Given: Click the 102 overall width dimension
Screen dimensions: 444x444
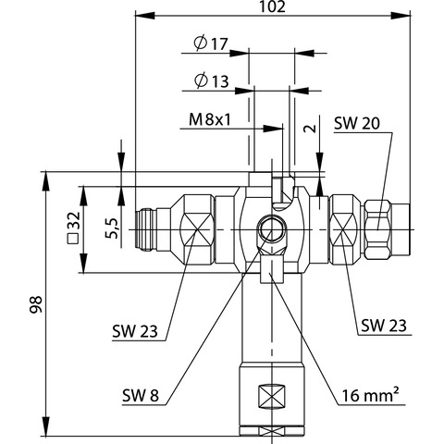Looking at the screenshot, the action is coord(272,6).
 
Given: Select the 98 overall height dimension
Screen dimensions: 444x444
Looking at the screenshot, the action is coord(36,304).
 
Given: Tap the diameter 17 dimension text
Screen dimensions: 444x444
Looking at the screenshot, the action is coord(211,43).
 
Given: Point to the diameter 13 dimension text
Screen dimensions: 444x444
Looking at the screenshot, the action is coord(212,81).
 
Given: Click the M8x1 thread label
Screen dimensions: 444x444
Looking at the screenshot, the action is coord(210,119).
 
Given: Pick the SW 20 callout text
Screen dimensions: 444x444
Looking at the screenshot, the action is coord(357,123).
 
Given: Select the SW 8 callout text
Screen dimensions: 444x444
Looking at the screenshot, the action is coord(141,395).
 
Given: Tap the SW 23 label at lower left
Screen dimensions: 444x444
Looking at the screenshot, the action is coord(135,331).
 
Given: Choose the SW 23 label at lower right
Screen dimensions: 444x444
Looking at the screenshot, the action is coord(384,326).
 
